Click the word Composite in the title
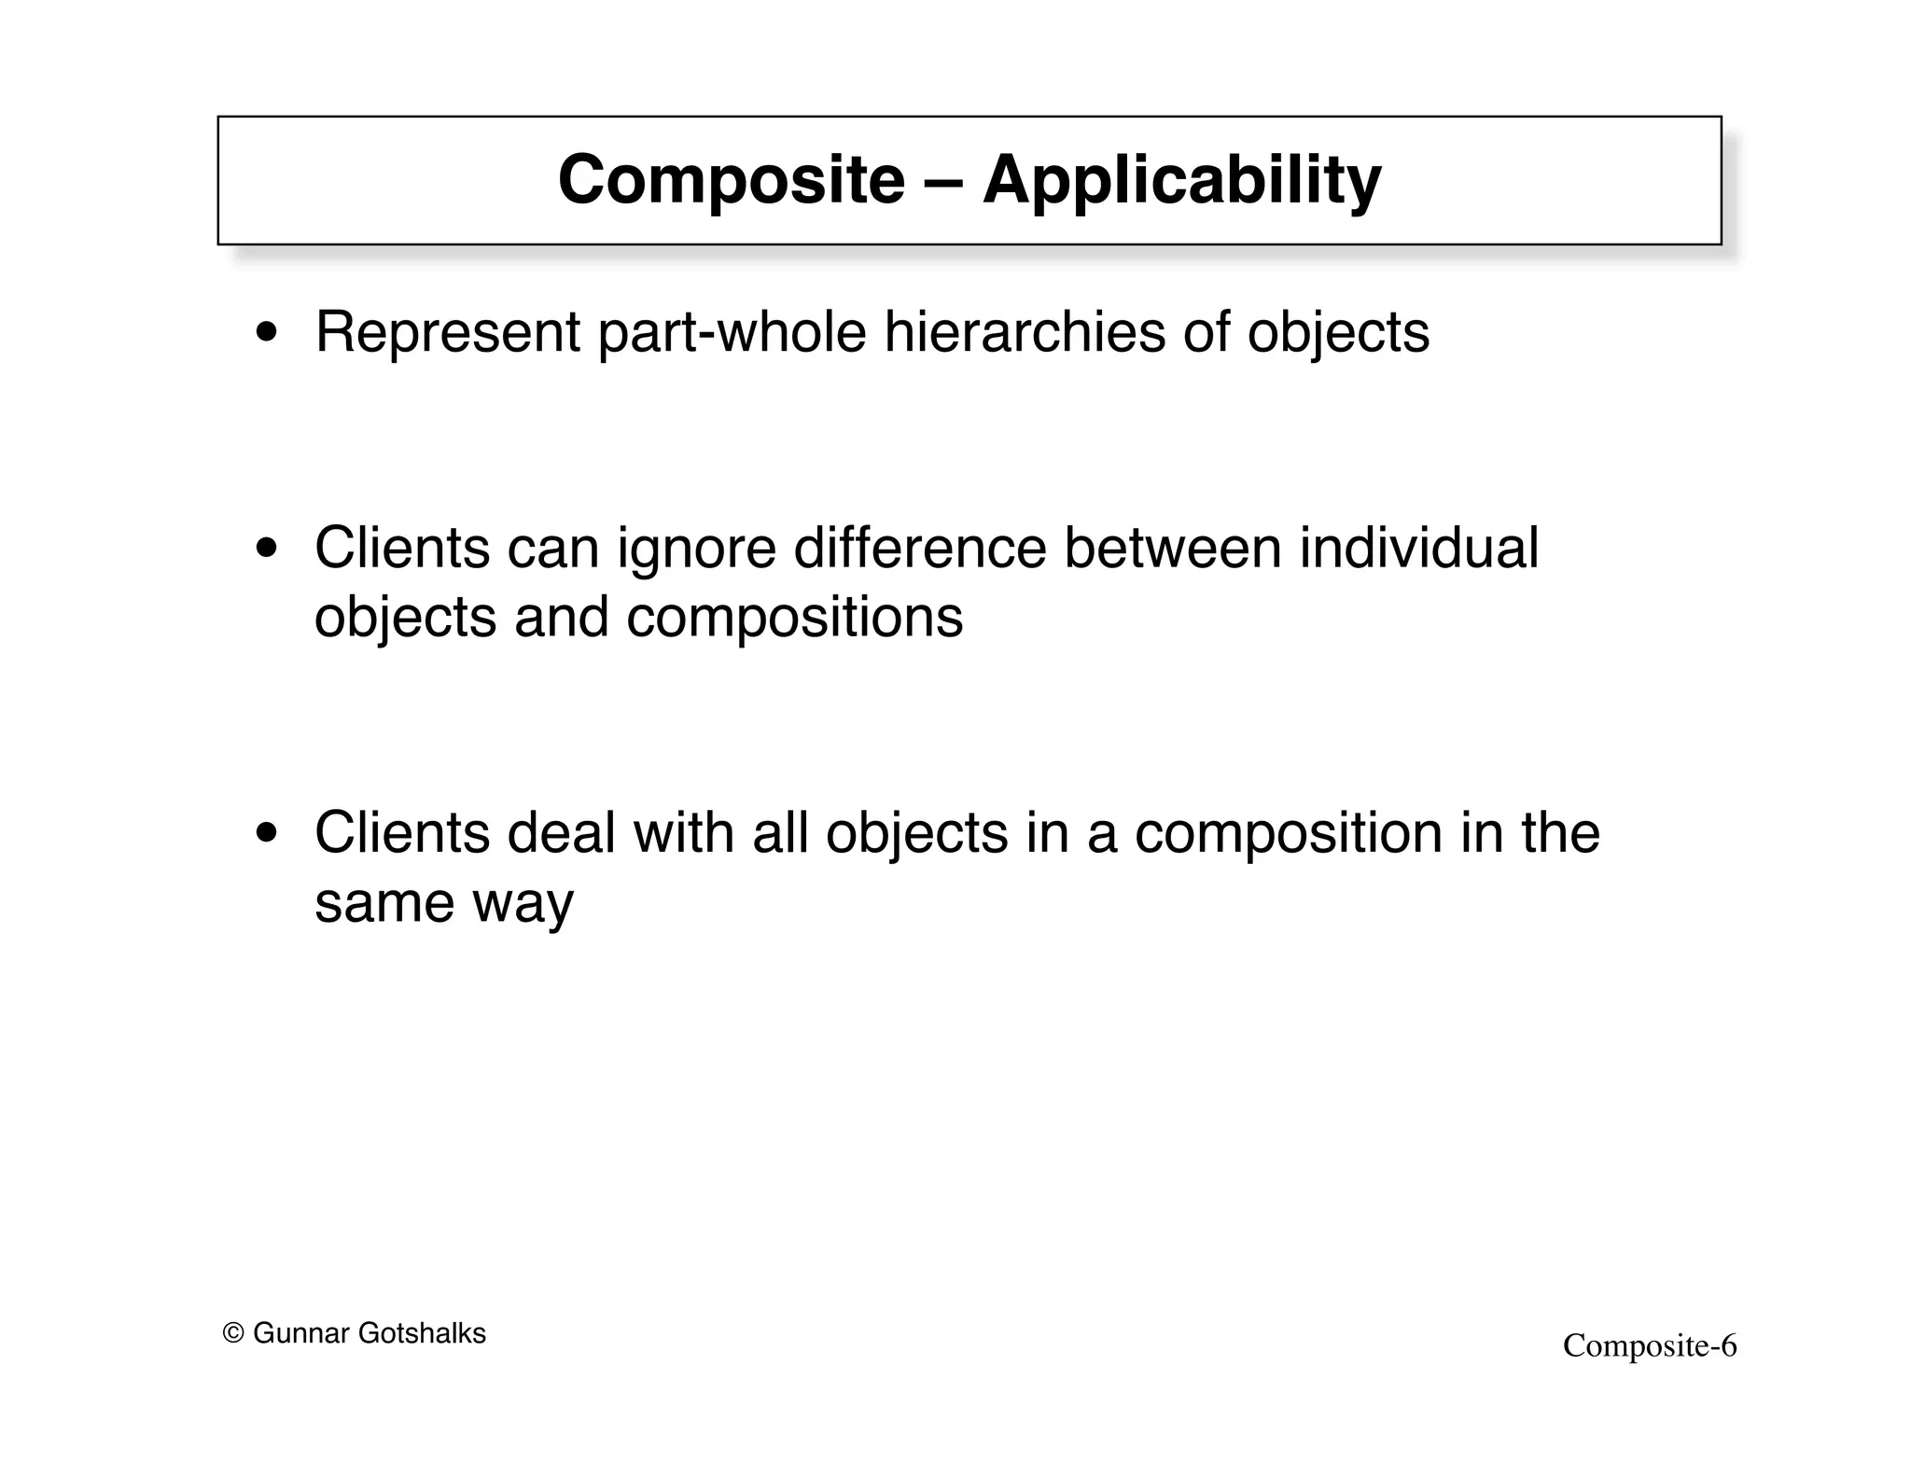click(x=731, y=180)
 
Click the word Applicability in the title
click(x=1181, y=180)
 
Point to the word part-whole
click(x=732, y=333)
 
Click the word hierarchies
click(x=1025, y=333)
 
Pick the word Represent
click(x=448, y=333)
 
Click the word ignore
click(x=696, y=550)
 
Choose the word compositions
click(x=794, y=619)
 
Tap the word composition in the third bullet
click(x=1289, y=833)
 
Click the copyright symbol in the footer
click(x=233, y=1334)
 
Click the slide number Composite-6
click(x=1650, y=1346)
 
